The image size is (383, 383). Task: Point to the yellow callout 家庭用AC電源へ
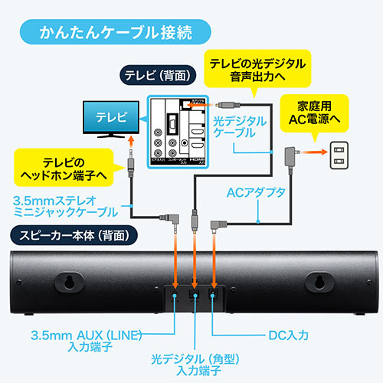point(315,111)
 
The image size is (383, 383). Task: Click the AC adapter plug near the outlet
point(290,156)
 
